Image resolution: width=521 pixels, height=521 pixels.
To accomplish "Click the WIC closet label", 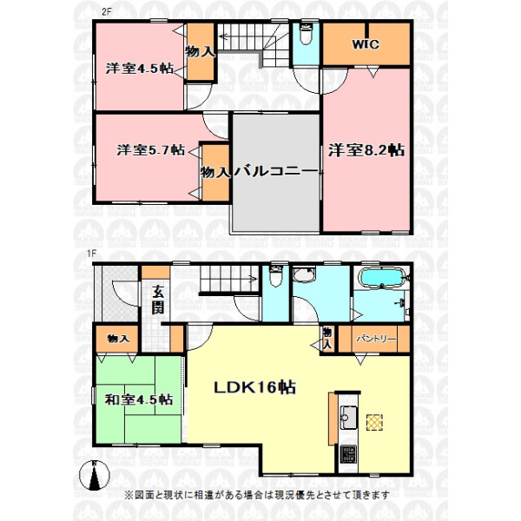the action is [366, 44].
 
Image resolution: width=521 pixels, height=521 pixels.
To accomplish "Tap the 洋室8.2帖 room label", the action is [366, 150].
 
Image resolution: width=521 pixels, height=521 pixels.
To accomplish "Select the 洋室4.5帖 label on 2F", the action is [140, 69].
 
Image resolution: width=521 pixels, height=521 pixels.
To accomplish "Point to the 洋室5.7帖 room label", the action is [150, 150].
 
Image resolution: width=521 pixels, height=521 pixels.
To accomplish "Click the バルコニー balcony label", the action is [276, 171].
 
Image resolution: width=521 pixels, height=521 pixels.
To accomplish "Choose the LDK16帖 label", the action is [254, 387].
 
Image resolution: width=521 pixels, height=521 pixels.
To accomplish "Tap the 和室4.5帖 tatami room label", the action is [139, 399].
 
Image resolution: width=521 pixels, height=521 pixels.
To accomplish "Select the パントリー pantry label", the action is [377, 339].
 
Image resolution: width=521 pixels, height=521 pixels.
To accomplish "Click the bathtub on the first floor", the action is [382, 278].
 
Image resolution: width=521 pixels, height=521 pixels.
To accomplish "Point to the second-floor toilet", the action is [305, 33].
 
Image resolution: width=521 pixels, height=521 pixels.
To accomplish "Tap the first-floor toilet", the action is [275, 275].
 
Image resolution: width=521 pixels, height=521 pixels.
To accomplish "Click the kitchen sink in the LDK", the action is [348, 418].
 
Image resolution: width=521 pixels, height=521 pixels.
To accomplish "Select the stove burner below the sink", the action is [348, 454].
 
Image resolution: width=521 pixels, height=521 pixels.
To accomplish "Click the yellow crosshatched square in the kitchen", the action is [374, 422].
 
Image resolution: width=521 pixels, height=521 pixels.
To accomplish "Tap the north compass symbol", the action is [95, 476].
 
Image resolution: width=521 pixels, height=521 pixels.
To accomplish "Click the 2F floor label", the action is [106, 12].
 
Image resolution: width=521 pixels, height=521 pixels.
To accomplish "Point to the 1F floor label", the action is [91, 254].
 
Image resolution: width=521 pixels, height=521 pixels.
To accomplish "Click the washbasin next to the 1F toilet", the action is [304, 275].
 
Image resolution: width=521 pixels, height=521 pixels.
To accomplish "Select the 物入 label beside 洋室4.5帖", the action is [200, 51].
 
